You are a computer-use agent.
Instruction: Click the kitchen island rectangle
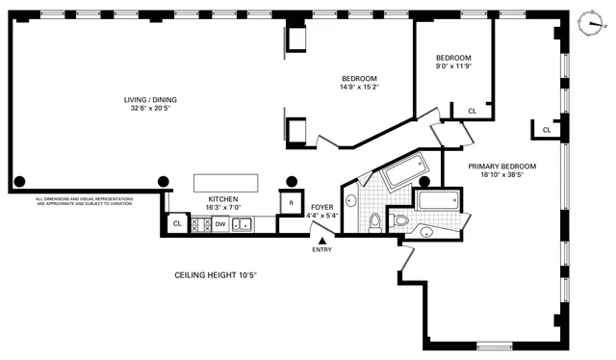click(226, 184)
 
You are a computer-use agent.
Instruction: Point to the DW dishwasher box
click(220, 225)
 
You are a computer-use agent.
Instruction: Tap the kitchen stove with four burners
click(201, 225)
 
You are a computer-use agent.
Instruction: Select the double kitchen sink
click(242, 225)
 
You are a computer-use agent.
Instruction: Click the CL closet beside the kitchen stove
click(176, 223)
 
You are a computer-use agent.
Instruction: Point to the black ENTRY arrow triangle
click(321, 241)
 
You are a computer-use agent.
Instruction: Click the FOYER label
click(321, 207)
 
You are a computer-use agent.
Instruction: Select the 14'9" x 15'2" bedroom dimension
click(359, 87)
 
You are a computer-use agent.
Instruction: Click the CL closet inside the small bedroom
click(472, 112)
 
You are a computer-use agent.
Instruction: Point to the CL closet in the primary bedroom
click(546, 129)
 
